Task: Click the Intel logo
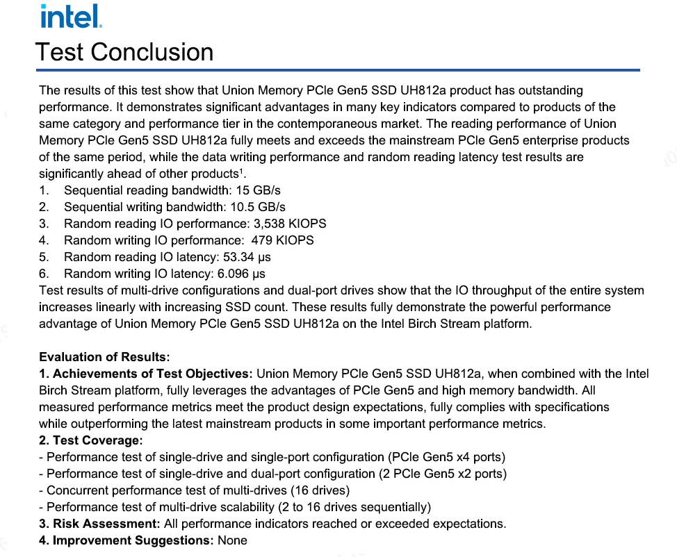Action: [72, 16]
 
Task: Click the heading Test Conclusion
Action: [124, 52]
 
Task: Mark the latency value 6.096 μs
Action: [243, 274]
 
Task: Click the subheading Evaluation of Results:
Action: [104, 357]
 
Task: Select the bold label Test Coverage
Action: [97, 440]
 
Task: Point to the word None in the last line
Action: [232, 540]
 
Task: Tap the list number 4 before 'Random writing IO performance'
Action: [43, 240]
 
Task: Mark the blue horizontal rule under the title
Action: [338, 70]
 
